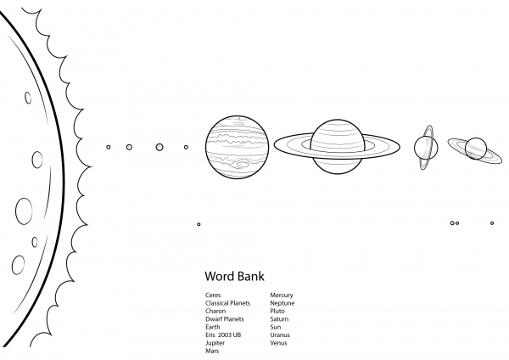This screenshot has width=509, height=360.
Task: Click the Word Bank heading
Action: pyautogui.click(x=234, y=276)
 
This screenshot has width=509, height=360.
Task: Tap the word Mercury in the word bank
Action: pyautogui.click(x=282, y=295)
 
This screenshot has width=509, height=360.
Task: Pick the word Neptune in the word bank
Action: pyautogui.click(x=282, y=303)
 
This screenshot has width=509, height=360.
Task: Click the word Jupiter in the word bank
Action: pyautogui.click(x=215, y=343)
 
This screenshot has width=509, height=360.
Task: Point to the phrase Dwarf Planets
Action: pyautogui.click(x=224, y=319)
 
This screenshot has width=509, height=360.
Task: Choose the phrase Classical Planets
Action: pyautogui.click(x=227, y=303)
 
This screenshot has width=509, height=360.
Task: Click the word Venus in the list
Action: pyautogui.click(x=278, y=343)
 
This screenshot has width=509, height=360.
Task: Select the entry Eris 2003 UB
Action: pyautogui.click(x=223, y=335)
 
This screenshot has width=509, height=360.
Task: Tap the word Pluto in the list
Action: pyautogui.click(x=277, y=311)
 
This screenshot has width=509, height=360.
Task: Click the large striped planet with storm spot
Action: pyautogui.click(x=235, y=147)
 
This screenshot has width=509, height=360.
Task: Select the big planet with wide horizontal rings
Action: pyautogui.click(x=337, y=146)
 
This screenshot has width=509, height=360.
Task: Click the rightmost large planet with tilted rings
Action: pyautogui.click(x=475, y=148)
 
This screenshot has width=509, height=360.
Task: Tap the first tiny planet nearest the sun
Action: pyautogui.click(x=109, y=147)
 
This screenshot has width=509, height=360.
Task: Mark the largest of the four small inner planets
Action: pyautogui.click(x=159, y=147)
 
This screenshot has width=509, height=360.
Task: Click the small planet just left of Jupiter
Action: pyautogui.click(x=186, y=147)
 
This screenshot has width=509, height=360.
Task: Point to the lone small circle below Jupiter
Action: pyautogui.click(x=199, y=224)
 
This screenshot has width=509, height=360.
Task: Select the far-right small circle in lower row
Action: pyautogui.click(x=492, y=223)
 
